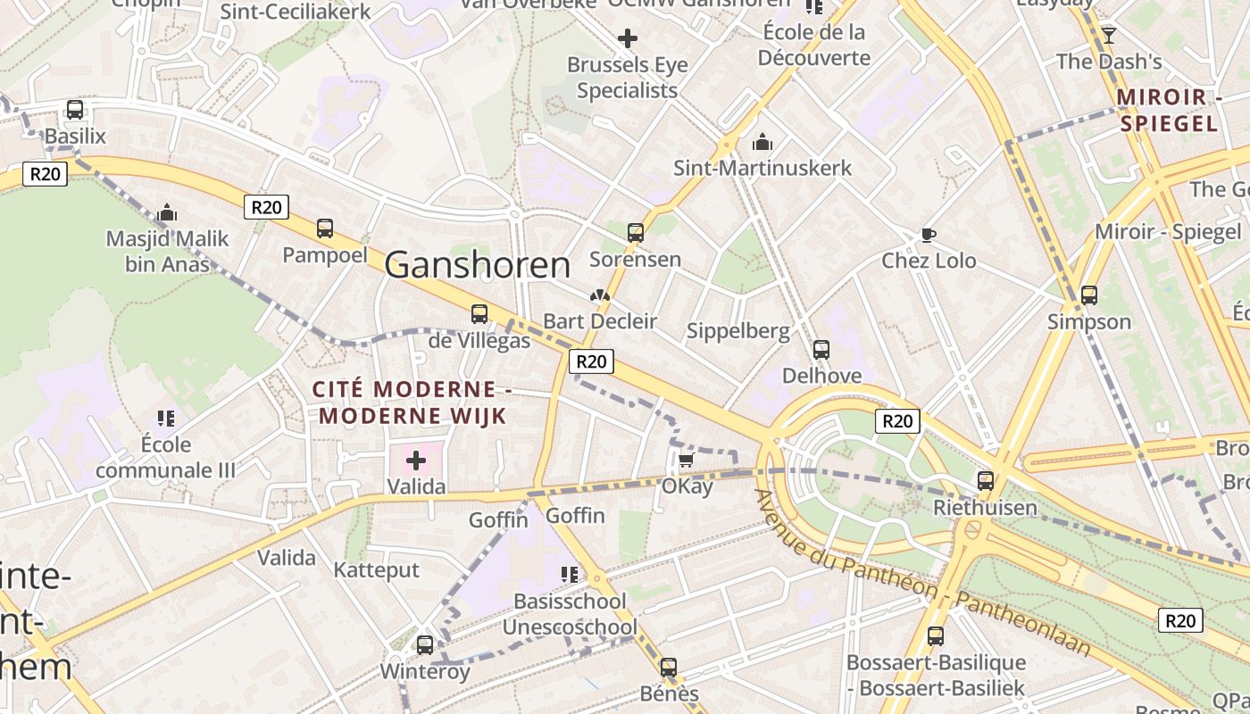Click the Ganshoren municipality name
click(478, 265)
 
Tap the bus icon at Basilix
click(75, 110)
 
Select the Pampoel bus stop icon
click(325, 228)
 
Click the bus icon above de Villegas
click(479, 313)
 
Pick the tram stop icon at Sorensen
click(635, 233)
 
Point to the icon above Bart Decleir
click(599, 295)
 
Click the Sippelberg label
click(737, 331)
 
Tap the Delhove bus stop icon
click(821, 350)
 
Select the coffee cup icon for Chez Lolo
click(929, 235)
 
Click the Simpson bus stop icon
click(1088, 295)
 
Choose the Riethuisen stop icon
click(985, 481)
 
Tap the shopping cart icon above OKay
click(686, 461)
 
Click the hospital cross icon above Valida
click(416, 461)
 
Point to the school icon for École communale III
click(165, 418)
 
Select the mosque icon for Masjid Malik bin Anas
click(166, 213)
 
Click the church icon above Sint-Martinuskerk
click(762, 142)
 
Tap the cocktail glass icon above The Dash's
click(1109, 35)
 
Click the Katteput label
click(376, 570)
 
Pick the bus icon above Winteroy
click(425, 644)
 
